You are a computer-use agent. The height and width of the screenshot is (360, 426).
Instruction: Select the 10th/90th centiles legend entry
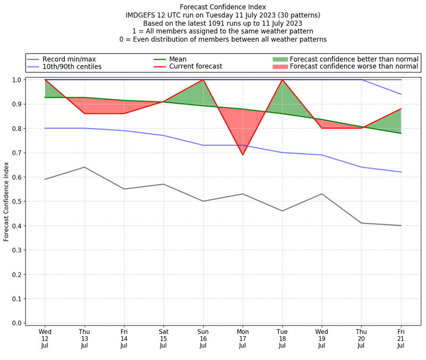tap(71, 67)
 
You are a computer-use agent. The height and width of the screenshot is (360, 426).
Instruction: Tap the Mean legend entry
tap(178, 59)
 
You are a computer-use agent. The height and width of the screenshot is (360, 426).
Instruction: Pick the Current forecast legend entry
tap(195, 67)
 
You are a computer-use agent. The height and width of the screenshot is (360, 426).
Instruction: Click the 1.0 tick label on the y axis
tap(17, 80)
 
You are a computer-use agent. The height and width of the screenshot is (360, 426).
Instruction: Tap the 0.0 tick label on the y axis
tap(17, 323)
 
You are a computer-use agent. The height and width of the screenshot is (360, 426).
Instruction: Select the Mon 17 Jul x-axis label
tap(243, 339)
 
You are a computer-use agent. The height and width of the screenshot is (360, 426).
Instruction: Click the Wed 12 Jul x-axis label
tap(45, 339)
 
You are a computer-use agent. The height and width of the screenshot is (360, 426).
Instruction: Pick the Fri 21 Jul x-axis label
tap(401, 339)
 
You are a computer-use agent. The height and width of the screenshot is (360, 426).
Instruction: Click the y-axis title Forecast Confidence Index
tap(7, 201)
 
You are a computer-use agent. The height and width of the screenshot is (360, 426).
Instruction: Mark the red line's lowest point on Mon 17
tap(243, 155)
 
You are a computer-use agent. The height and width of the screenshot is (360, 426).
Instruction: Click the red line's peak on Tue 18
tap(282, 80)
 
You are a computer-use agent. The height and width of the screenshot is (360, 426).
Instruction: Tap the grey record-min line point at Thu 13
tap(84, 167)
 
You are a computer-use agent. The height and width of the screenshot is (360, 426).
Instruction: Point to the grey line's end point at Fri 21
tap(401, 226)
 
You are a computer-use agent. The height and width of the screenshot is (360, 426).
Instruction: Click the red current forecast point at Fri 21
tap(401, 109)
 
